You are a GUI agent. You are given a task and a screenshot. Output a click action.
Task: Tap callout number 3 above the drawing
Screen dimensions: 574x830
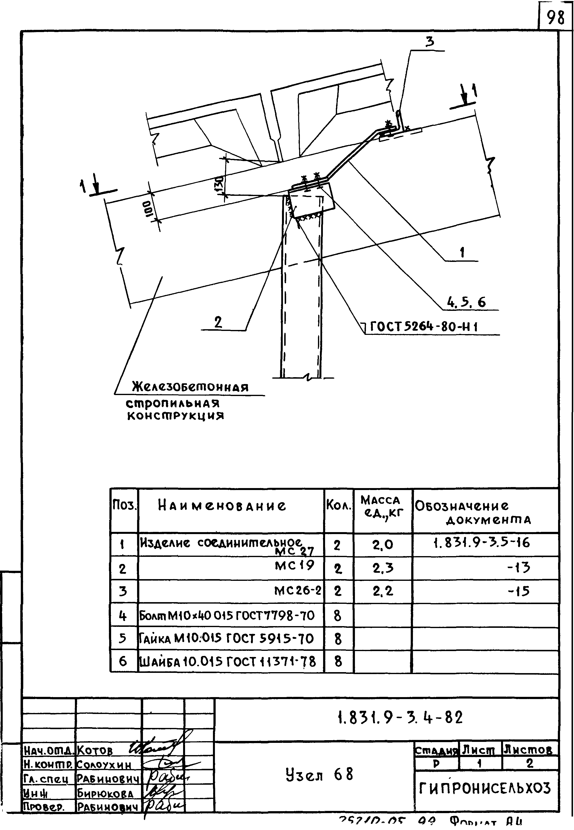[429, 42]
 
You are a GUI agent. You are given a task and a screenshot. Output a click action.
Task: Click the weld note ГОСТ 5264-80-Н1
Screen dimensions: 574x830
[424, 327]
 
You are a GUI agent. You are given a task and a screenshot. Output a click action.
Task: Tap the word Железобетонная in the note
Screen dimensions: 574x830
[190, 387]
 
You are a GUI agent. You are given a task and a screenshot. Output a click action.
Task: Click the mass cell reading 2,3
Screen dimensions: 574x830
[383, 568]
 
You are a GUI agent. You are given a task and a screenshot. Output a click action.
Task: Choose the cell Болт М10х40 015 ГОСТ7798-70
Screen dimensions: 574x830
[227, 616]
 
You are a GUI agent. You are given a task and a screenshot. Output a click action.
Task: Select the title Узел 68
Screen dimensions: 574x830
[319, 774]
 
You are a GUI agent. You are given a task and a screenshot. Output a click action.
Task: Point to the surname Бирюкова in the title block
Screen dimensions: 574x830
[105, 793]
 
